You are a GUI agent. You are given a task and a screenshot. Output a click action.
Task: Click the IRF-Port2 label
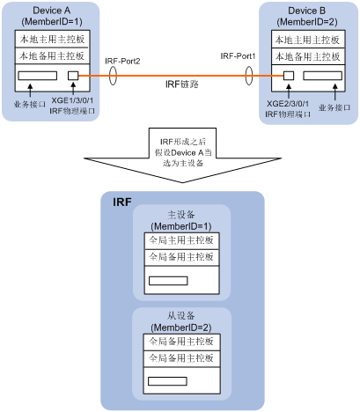(122, 62)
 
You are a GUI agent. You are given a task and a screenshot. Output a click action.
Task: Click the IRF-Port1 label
(238, 56)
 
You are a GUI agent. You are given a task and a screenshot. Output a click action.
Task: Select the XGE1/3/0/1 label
(72, 100)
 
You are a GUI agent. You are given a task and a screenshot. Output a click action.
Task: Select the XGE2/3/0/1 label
(288, 104)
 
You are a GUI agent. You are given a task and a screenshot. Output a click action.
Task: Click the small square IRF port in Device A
(73, 76)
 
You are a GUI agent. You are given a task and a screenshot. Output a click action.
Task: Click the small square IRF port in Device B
(289, 76)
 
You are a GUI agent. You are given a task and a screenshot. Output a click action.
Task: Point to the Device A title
(52, 11)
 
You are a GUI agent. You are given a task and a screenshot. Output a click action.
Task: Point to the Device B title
(307, 11)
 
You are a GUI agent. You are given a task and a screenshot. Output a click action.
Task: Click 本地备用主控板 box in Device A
(52, 55)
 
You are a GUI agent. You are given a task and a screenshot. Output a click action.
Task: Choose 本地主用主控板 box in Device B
(308, 40)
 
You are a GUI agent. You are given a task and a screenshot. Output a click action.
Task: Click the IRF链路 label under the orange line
(182, 85)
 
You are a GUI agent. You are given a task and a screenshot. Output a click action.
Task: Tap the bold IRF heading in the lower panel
(122, 202)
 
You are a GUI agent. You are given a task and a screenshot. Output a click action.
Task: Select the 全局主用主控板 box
(181, 240)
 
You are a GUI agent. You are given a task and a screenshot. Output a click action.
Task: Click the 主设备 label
(181, 215)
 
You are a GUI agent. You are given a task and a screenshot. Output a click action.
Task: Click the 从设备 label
(181, 316)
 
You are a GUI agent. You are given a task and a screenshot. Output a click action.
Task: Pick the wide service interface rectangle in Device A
(38, 76)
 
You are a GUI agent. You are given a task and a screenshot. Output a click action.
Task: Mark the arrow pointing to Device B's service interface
(335, 92)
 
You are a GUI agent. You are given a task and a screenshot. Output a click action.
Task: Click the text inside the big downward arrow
(182, 152)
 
